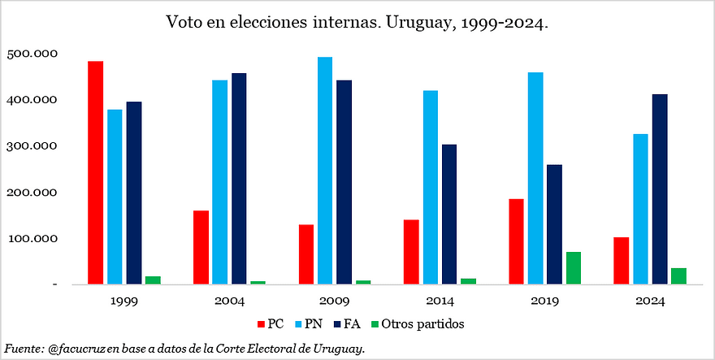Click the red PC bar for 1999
point(96,172)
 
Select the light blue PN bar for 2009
point(325,171)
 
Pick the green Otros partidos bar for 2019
point(574,268)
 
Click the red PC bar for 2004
point(201,247)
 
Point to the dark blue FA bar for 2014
point(449,215)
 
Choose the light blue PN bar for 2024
point(640,209)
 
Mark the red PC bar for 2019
point(516,241)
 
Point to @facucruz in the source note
point(76,349)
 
